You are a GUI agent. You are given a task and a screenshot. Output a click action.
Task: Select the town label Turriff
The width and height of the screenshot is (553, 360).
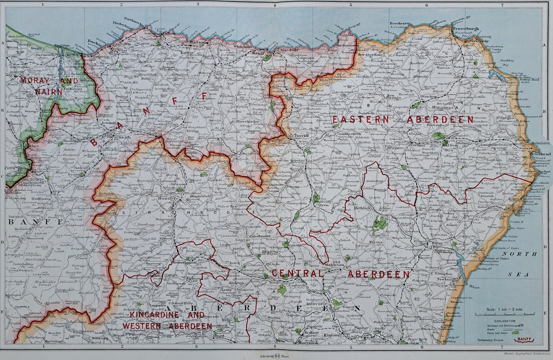coord(300,136)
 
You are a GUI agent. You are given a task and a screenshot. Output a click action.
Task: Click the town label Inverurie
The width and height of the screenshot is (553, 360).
coord(317,304)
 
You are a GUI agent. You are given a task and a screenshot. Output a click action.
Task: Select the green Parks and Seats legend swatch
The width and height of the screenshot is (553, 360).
coord(515,332)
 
